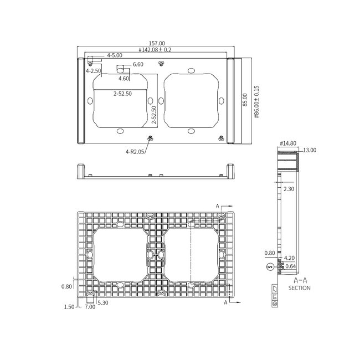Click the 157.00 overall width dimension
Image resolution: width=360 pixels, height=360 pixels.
coord(157,43)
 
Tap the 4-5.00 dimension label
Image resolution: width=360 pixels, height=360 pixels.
coord(115,55)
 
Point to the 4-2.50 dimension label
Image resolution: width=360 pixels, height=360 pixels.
coord(93,71)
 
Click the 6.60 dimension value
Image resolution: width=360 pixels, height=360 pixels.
coord(138,65)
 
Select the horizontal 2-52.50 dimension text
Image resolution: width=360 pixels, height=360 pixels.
coord(122,94)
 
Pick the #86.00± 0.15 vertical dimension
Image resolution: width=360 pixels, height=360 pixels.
coord(256,101)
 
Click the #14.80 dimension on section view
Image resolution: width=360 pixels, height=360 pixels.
coord(287,143)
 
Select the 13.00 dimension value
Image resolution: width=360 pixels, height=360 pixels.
coord(309,150)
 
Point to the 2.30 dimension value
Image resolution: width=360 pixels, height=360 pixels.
coord(289,189)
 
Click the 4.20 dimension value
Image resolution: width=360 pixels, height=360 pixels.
coord(289,258)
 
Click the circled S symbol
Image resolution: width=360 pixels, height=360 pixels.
coord(270,266)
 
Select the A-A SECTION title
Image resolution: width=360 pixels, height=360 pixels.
coord(300,284)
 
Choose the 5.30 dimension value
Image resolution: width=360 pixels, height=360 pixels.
coord(103,302)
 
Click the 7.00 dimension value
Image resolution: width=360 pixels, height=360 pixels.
coord(90,307)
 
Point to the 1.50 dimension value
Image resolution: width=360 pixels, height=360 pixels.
coord(70,306)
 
